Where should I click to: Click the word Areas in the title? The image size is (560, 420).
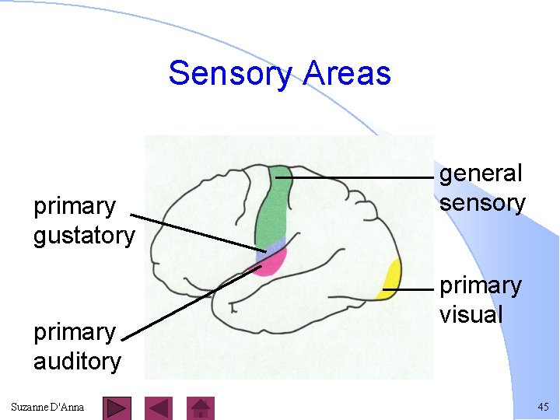tap(347, 74)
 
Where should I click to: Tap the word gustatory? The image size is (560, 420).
tap(84, 236)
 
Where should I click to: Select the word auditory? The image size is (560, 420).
tap(77, 362)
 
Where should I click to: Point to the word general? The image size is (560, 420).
tap(481, 173)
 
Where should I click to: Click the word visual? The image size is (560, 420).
tap(471, 315)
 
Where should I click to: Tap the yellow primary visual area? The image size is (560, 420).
tap(390, 278)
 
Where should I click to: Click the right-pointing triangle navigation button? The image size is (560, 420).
tap(117, 408)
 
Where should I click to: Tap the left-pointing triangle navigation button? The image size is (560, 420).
tap(159, 408)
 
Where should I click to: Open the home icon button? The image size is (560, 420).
tap(201, 408)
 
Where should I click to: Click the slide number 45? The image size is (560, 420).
tap(542, 408)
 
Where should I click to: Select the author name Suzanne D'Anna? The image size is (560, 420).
tap(47, 408)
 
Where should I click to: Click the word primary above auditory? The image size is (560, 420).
tap(74, 332)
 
